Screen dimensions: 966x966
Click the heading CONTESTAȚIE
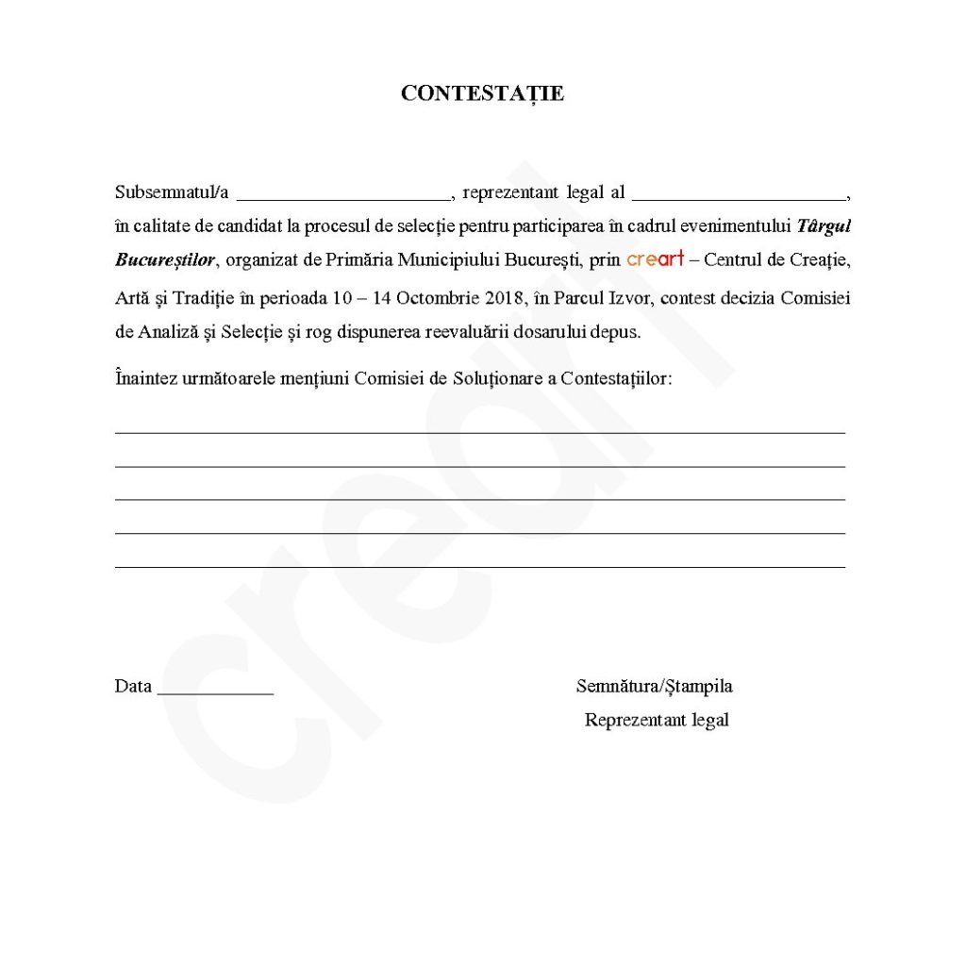pyautogui.click(x=482, y=93)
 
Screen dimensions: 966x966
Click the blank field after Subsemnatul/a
pyautogui.click(x=343, y=196)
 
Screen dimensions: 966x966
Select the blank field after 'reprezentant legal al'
pyautogui.click(x=740, y=196)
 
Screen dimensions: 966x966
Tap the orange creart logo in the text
pyautogui.click(x=655, y=258)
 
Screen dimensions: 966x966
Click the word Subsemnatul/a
pyautogui.click(x=172, y=192)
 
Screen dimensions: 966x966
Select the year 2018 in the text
pyautogui.click(x=506, y=299)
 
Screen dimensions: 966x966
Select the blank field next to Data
pyautogui.click(x=215, y=691)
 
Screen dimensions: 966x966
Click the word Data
pyautogui.click(x=133, y=687)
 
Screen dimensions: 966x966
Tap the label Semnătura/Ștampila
pyautogui.click(x=654, y=687)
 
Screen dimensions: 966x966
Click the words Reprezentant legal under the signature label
pyautogui.click(x=657, y=721)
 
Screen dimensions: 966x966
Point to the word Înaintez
pyautogui.click(x=145, y=378)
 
